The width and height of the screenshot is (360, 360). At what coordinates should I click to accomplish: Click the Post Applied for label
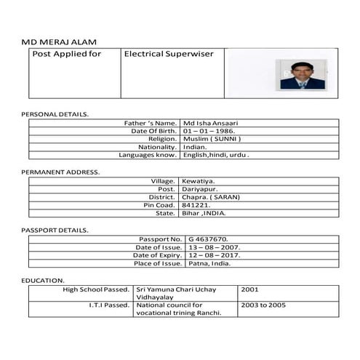pos(67,54)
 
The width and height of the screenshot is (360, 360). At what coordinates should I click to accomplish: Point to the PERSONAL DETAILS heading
pos(55,114)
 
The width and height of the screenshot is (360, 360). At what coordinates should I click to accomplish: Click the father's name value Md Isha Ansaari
pos(212,124)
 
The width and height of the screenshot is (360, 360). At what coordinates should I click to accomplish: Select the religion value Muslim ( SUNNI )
pos(212,139)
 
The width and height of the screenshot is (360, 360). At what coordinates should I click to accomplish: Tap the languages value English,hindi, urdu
pos(217,155)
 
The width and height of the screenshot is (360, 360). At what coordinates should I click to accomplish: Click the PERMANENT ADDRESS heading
pos(60,172)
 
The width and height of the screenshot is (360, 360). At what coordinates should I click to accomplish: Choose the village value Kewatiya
pos(199,181)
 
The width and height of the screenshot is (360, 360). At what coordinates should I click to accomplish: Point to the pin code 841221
pos(197,205)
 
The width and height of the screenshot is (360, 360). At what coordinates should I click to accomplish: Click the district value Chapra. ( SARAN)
pos(211,197)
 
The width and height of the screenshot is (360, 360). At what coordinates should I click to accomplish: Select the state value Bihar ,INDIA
pos(204,213)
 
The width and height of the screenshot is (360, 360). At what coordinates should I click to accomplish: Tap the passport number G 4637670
pos(209,239)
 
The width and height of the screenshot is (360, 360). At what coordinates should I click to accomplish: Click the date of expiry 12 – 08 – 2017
pos(214,255)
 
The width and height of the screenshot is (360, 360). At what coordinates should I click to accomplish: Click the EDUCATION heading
pos(43,280)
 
